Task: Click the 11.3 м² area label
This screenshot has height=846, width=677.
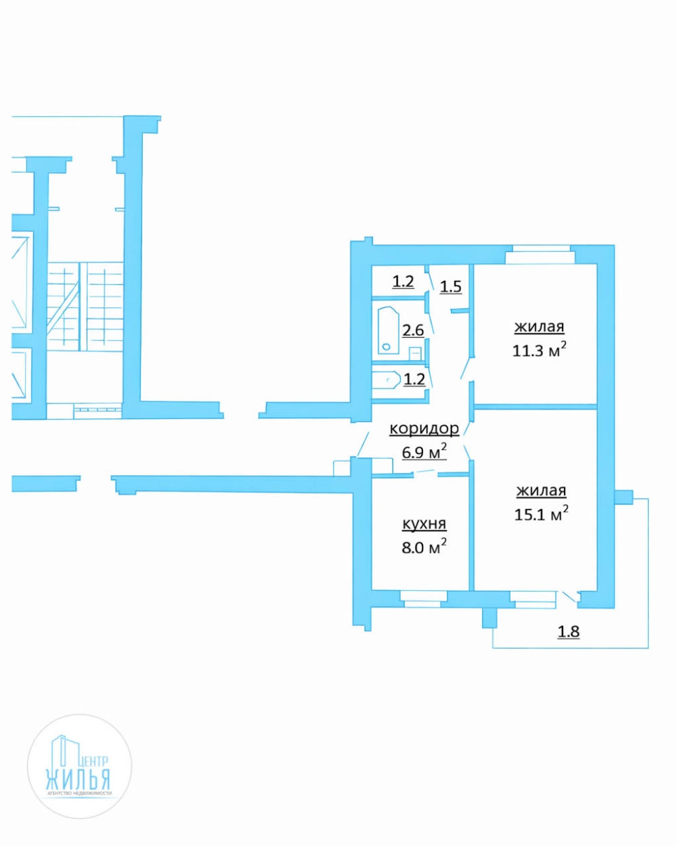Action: point(540,349)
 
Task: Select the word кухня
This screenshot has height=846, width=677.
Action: point(424,524)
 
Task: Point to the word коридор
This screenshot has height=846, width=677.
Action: point(424,428)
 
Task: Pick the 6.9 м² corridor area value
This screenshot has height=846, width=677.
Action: point(424,451)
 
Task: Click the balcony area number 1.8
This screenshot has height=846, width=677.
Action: point(569,631)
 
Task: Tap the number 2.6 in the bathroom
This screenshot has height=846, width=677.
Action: point(413,330)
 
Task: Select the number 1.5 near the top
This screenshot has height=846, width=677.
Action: point(450,286)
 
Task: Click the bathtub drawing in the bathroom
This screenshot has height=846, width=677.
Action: point(389,330)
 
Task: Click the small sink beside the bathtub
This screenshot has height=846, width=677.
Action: point(415,353)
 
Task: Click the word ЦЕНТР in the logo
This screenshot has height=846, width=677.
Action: point(93,761)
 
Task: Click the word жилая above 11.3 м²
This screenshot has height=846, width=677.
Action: point(540,327)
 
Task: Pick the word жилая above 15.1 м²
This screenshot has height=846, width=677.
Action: point(542,491)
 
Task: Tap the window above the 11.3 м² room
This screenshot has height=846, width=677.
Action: point(540,254)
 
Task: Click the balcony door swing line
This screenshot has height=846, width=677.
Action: point(569,597)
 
